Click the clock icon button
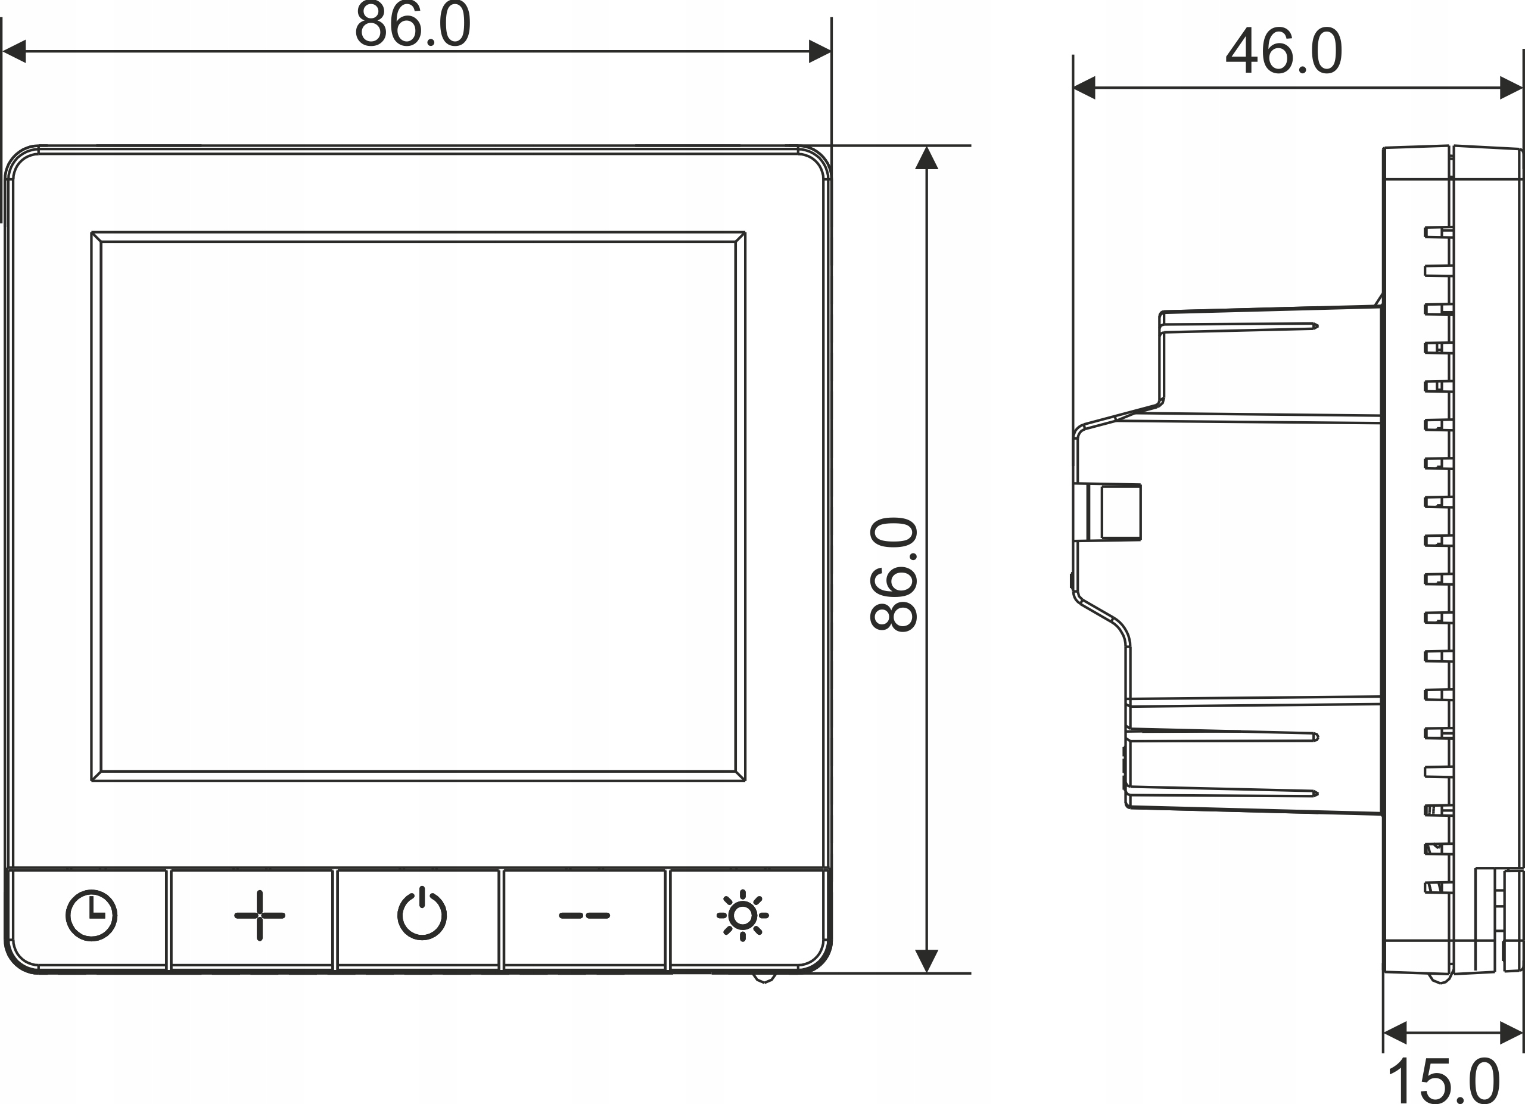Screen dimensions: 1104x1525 click(92, 915)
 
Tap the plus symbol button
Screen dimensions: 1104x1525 click(260, 915)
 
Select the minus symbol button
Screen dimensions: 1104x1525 click(584, 915)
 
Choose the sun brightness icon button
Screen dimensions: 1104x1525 click(742, 915)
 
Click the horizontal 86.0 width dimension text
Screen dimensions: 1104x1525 click(412, 26)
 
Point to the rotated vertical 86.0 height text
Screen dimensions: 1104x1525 click(894, 574)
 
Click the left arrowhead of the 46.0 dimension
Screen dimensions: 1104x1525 click(1085, 88)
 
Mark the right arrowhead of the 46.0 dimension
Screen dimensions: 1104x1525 click(1511, 88)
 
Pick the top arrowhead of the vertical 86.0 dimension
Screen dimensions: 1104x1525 click(926, 158)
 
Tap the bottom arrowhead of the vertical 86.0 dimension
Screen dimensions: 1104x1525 click(926, 960)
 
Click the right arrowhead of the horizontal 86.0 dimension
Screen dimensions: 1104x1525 click(820, 51)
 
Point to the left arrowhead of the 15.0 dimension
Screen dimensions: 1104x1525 click(1395, 1033)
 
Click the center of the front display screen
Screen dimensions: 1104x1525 click(418, 506)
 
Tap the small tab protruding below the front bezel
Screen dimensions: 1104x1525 click(764, 978)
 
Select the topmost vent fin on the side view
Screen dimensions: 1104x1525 click(1438, 232)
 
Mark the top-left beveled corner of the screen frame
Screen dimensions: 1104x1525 click(96, 237)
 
